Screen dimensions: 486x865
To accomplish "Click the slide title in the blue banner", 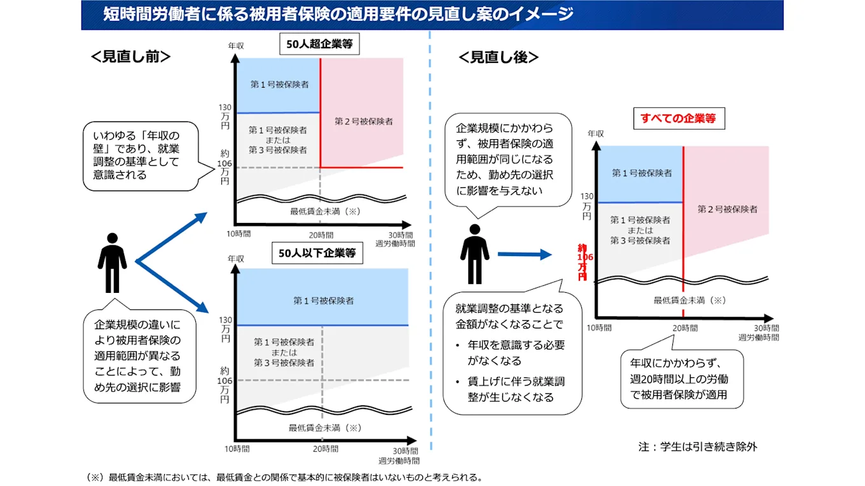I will (x=338, y=14).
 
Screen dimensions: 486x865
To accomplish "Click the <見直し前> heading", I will (x=130, y=57).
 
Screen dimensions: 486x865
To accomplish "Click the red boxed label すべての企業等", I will (x=679, y=118).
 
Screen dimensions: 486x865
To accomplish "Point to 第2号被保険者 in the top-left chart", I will (x=363, y=121).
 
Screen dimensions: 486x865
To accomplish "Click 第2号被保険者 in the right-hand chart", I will (x=727, y=208).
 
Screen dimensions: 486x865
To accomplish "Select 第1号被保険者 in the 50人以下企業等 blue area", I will (x=323, y=300).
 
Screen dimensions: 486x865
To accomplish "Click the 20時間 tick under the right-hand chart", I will (x=684, y=328).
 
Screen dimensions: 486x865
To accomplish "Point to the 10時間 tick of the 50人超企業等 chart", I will (x=239, y=234).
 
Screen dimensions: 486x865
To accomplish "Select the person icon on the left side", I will (x=112, y=262).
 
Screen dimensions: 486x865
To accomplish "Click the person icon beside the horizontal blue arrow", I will (x=474, y=253).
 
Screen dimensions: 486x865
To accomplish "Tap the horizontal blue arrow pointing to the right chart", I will (x=524, y=254).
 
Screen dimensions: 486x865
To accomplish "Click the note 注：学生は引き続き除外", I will (x=698, y=446).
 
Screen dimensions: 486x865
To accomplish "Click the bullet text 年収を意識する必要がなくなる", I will (x=516, y=353).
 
